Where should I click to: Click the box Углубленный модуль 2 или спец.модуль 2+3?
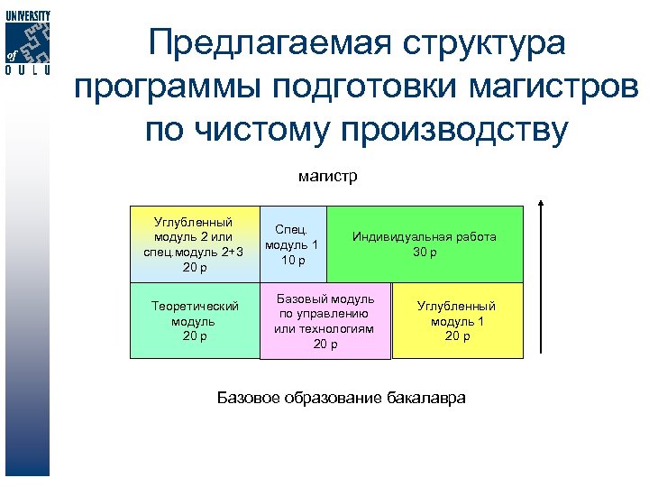[x=194, y=244]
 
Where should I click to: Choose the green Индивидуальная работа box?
[x=425, y=244]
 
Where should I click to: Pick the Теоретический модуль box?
[x=194, y=321]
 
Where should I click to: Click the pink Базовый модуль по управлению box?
[x=325, y=321]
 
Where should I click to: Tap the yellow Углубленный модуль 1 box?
[x=457, y=321]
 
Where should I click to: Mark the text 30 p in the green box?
[x=425, y=253]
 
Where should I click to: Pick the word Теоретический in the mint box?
[x=194, y=307]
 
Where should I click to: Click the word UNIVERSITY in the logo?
[x=27, y=16]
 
